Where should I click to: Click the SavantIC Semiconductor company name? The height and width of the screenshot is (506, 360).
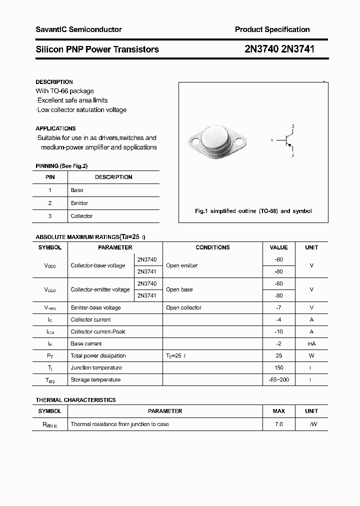tap(78, 29)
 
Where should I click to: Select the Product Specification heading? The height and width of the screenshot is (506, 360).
tap(272, 29)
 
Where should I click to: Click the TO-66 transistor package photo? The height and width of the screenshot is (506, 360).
tap(218, 140)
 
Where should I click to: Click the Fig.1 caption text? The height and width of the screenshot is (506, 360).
tap(253, 211)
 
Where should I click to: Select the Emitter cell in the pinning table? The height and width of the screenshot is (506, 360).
tap(79, 203)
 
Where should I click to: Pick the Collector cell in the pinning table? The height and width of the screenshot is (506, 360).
tap(81, 216)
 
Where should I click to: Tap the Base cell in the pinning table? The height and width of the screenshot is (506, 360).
tap(77, 190)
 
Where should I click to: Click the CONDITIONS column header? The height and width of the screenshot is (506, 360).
tap(212, 247)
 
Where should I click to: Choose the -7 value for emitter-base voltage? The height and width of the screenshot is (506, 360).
tap(278, 307)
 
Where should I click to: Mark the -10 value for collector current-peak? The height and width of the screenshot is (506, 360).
tap(278, 331)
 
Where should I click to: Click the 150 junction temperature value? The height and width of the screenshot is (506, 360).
tap(278, 367)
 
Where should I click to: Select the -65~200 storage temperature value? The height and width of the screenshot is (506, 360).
tap(278, 379)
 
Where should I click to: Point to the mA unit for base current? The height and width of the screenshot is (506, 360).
tap(311, 343)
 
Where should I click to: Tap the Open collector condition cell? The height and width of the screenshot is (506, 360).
tap(183, 307)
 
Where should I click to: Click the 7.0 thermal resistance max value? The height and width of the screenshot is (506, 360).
tap(278, 424)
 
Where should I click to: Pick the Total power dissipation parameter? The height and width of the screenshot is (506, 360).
tap(98, 355)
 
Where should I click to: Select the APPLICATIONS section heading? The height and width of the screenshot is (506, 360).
tap(55, 128)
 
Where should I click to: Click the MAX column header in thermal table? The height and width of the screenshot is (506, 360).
tap(278, 411)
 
